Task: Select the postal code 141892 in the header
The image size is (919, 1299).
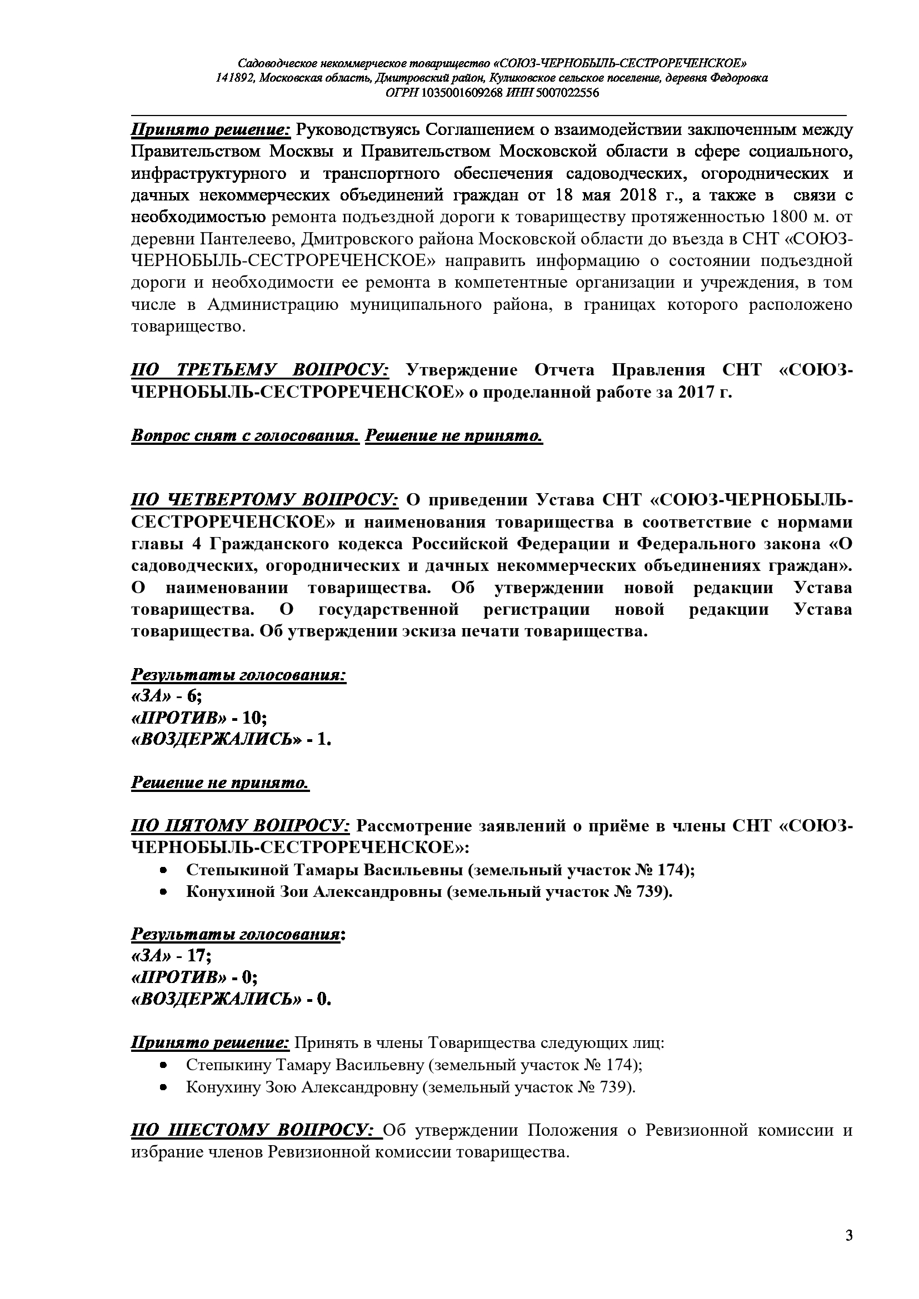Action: pyautogui.click(x=234, y=78)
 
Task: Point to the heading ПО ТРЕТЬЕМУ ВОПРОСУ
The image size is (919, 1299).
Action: pyautogui.click(x=259, y=370)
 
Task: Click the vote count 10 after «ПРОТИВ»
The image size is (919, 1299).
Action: pyautogui.click(x=252, y=718)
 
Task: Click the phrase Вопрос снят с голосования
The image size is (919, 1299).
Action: pyautogui.click(x=245, y=435)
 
